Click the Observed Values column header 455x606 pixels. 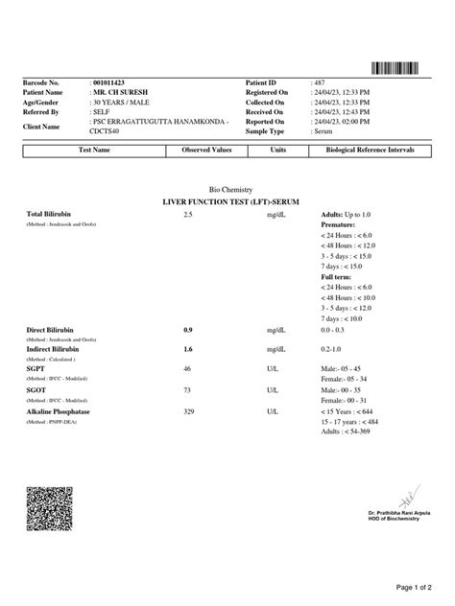tap(206, 151)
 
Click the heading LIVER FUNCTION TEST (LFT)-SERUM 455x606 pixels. tap(227, 203)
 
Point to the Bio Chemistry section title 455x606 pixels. tap(227, 192)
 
